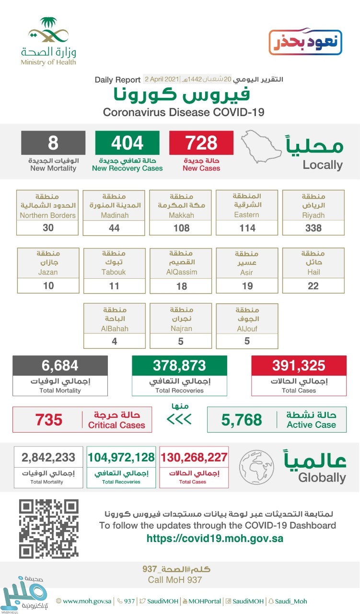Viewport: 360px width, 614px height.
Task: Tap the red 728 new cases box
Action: (201, 143)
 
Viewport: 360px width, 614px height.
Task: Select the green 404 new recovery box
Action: (127, 143)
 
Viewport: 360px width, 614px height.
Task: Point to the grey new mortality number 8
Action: (53, 143)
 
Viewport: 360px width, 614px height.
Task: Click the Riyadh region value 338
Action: (314, 228)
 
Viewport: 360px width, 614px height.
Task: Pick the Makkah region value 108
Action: (181, 228)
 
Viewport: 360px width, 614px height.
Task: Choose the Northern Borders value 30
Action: (47, 228)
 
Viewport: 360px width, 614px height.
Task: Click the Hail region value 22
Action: (314, 285)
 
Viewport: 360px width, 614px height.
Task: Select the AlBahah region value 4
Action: (114, 342)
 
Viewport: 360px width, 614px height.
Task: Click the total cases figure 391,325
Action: (299, 366)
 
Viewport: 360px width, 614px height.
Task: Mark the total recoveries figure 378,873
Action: (179, 366)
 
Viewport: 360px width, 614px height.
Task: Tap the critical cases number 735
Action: (48, 420)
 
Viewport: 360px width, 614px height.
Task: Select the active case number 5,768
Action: (242, 420)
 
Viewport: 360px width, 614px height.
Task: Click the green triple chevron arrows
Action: (179, 420)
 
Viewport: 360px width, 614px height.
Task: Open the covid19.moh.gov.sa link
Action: (215, 538)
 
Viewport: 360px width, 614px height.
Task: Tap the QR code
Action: (48, 528)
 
